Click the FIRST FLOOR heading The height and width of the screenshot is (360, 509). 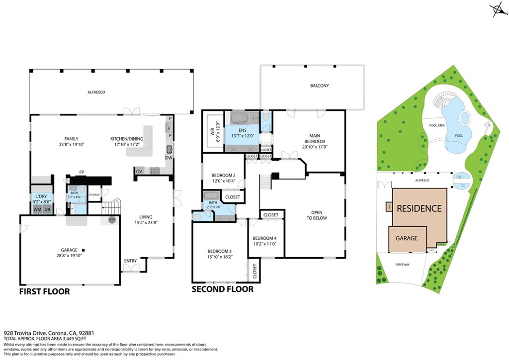(x=44, y=291)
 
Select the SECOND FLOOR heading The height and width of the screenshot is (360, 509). (x=223, y=289)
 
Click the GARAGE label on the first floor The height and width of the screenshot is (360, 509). (x=69, y=250)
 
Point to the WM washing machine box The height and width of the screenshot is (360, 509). (x=37, y=209)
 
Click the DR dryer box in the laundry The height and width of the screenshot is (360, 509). (x=47, y=209)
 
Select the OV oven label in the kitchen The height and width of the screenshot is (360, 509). (x=139, y=172)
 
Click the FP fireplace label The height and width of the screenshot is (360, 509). (x=81, y=173)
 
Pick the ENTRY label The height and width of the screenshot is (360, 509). (x=130, y=261)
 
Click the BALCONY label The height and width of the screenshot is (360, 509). (x=320, y=86)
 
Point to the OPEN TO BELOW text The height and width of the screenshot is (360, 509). (x=317, y=215)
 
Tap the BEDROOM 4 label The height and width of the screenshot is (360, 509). (x=264, y=238)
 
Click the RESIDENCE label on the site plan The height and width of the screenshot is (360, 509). (x=419, y=208)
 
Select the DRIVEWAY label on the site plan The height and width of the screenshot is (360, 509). (x=402, y=265)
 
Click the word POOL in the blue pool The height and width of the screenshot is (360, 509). (x=458, y=135)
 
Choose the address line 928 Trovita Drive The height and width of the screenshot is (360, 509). (x=49, y=333)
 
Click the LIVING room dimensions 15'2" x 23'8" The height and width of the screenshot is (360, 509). (x=146, y=223)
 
